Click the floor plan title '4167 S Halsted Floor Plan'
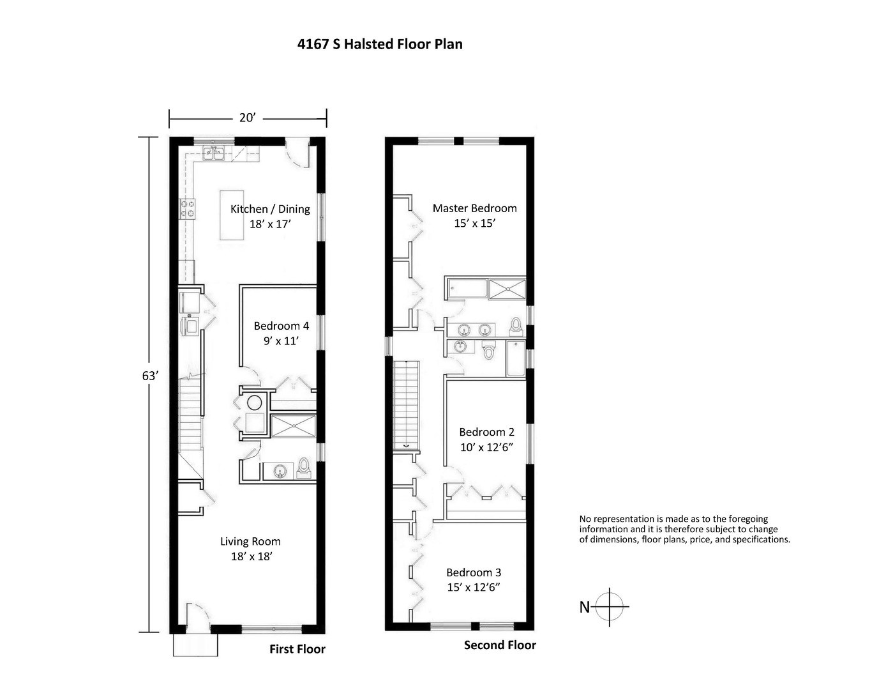click(380, 44)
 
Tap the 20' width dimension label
click(247, 118)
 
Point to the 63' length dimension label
click(149, 376)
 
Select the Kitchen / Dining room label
click(270, 216)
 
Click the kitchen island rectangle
click(233, 215)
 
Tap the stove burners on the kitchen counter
click(188, 208)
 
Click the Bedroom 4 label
click(281, 333)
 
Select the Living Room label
click(251, 549)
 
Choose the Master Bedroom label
click(474, 215)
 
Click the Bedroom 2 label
click(486, 440)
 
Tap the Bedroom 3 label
click(473, 579)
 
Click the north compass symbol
click(610, 606)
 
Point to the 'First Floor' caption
click(297, 649)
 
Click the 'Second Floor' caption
click(500, 645)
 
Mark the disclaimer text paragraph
click(684, 529)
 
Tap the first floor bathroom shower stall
click(293, 426)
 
